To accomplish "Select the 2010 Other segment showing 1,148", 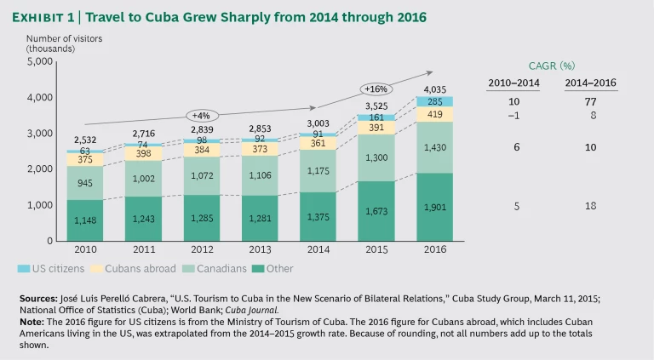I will (84, 220).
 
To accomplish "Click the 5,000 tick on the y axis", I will (40, 61).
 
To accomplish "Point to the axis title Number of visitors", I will (60, 38).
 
